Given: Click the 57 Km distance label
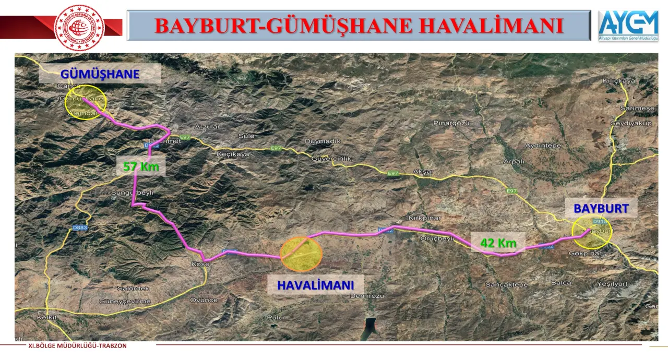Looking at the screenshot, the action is [140, 167].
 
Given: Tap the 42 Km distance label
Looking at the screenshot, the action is [498, 243].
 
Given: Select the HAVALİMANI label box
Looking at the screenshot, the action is [315, 285].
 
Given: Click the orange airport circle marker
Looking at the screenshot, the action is [301, 254].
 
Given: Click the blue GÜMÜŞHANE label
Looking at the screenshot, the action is [100, 74].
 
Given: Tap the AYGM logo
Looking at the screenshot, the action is [628, 25].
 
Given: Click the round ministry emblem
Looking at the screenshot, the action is [79, 28].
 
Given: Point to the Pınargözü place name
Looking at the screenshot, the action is [451, 123].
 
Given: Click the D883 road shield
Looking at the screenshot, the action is [80, 227].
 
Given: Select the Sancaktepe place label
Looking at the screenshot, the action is [507, 285].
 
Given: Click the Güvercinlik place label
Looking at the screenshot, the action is [333, 159].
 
